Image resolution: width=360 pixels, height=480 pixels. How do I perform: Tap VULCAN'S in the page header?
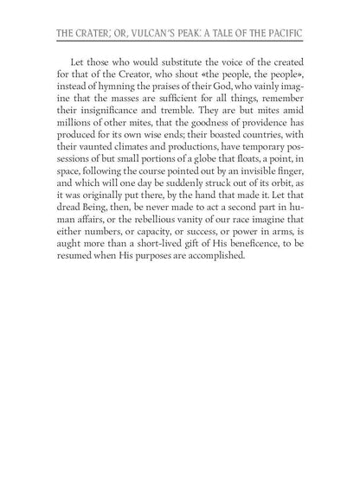(x=141, y=37)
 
